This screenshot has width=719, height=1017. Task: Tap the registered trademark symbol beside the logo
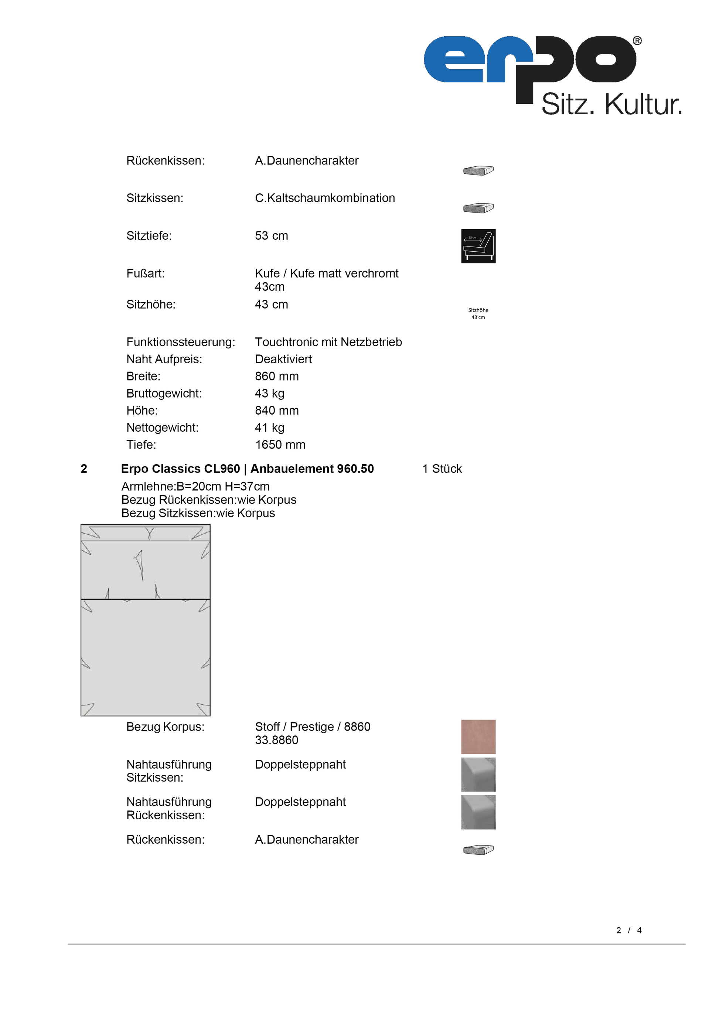click(x=637, y=41)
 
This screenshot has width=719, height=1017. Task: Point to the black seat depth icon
click(x=478, y=246)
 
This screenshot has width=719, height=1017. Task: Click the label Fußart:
click(x=145, y=273)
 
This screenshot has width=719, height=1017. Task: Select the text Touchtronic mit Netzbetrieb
click(x=328, y=342)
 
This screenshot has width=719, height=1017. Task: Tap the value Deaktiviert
click(x=283, y=359)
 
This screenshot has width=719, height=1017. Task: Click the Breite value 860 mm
click(x=276, y=376)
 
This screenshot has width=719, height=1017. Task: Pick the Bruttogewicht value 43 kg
click(x=269, y=393)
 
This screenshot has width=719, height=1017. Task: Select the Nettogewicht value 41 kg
click(x=269, y=428)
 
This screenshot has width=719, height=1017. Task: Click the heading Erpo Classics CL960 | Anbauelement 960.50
click(x=247, y=469)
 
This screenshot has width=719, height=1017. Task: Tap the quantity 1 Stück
click(x=442, y=469)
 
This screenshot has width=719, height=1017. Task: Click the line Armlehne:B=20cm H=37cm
click(x=195, y=486)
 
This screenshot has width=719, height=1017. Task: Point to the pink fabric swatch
click(x=478, y=737)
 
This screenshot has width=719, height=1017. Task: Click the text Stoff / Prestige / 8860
click(x=312, y=727)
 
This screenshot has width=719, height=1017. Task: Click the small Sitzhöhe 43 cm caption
click(x=478, y=314)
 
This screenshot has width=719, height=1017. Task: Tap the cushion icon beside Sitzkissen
click(x=478, y=208)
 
